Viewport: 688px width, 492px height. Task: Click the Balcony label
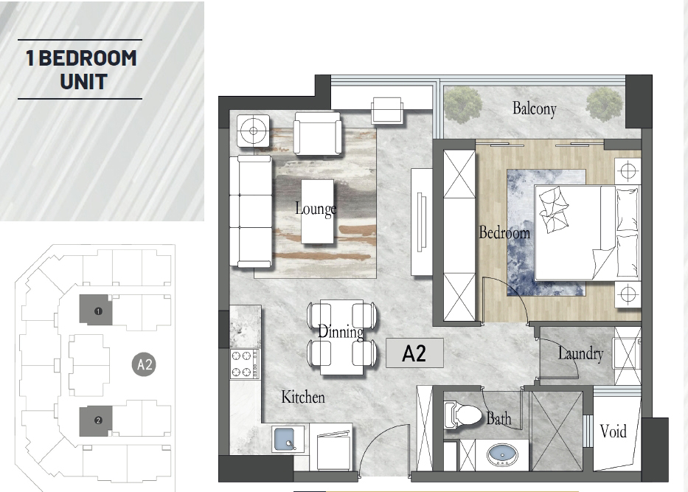[535, 108]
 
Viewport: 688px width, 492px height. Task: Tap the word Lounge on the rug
[316, 209]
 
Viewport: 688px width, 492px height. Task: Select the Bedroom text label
[504, 232]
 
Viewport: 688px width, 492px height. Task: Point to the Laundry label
[580, 354]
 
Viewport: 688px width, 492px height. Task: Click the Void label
[613, 431]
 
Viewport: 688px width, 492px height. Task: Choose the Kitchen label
[303, 397]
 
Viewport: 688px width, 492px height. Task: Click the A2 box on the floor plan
[414, 353]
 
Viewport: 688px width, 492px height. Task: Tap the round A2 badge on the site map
[145, 364]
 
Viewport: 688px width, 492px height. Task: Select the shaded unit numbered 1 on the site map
[96, 310]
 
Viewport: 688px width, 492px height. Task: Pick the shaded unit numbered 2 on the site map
[96, 421]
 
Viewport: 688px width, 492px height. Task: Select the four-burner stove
[245, 364]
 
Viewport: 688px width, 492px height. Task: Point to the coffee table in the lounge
[317, 212]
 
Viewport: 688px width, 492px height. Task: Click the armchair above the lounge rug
[318, 134]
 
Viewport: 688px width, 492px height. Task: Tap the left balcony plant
[462, 105]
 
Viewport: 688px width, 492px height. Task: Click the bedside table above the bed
[628, 170]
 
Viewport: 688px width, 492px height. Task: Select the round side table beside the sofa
[253, 131]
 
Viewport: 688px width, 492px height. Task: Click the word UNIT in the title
[84, 82]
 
